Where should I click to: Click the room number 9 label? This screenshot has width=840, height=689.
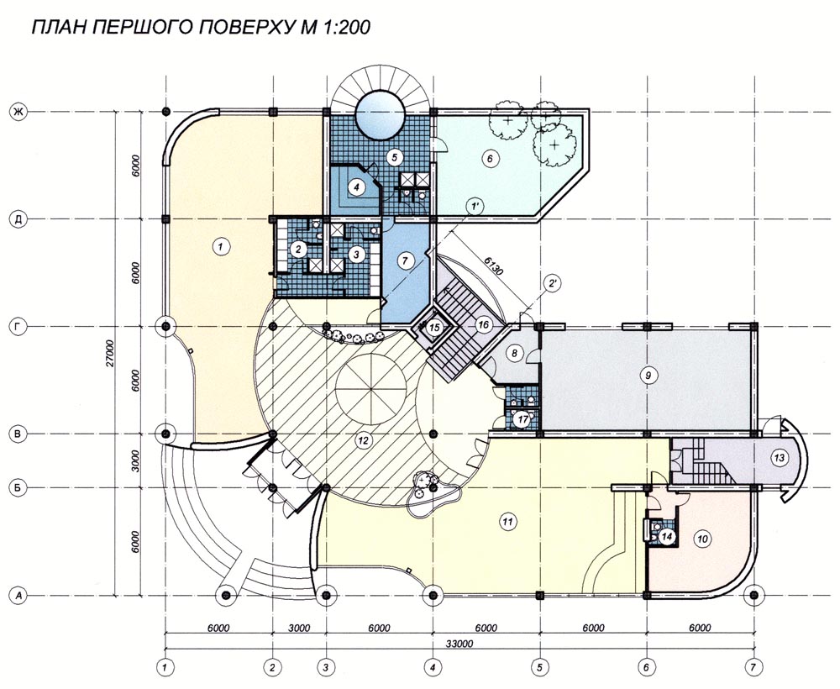pos(648,376)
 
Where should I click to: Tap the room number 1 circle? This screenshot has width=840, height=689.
pos(220,247)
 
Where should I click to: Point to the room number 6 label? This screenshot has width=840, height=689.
pos(490,159)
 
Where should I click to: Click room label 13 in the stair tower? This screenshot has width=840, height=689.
pos(779,458)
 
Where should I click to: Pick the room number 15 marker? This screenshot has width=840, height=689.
pos(435,326)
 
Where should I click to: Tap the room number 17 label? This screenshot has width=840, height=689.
pos(522,419)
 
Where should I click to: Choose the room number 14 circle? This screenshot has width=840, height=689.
pos(666,536)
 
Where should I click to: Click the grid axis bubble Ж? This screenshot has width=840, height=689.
pos(18,112)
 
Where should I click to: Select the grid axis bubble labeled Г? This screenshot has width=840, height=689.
pos(18,326)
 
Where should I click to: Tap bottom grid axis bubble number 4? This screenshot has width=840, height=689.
pos(433,667)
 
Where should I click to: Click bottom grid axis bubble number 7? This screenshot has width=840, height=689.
pos(753,667)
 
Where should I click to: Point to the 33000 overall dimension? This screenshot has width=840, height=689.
pos(459,644)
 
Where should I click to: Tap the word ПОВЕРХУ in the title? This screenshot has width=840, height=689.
pos(242,28)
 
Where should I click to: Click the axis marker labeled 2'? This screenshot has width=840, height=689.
pos(552,284)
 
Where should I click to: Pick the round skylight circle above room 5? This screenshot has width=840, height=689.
pos(380,114)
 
